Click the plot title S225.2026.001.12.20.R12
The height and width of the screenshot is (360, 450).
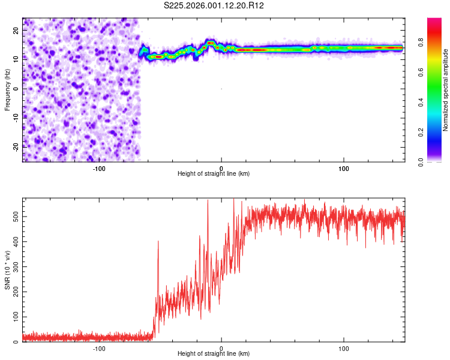tap(214, 5)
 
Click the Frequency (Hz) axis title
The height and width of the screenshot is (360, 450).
tap(7, 89)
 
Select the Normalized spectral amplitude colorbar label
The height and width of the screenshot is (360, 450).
tap(446, 89)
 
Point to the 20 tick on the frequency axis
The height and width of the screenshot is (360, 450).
tap(16, 29)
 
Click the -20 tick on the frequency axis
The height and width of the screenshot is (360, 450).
tap(15, 146)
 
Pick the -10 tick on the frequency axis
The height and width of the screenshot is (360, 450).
tap(15, 118)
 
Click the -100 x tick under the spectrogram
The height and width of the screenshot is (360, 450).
tap(99, 169)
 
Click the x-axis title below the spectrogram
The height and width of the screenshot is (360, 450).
tap(214, 174)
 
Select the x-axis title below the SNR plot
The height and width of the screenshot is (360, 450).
tap(214, 354)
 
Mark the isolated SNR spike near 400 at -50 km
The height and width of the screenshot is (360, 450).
tap(158, 242)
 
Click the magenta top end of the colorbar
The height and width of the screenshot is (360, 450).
tap(434, 22)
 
